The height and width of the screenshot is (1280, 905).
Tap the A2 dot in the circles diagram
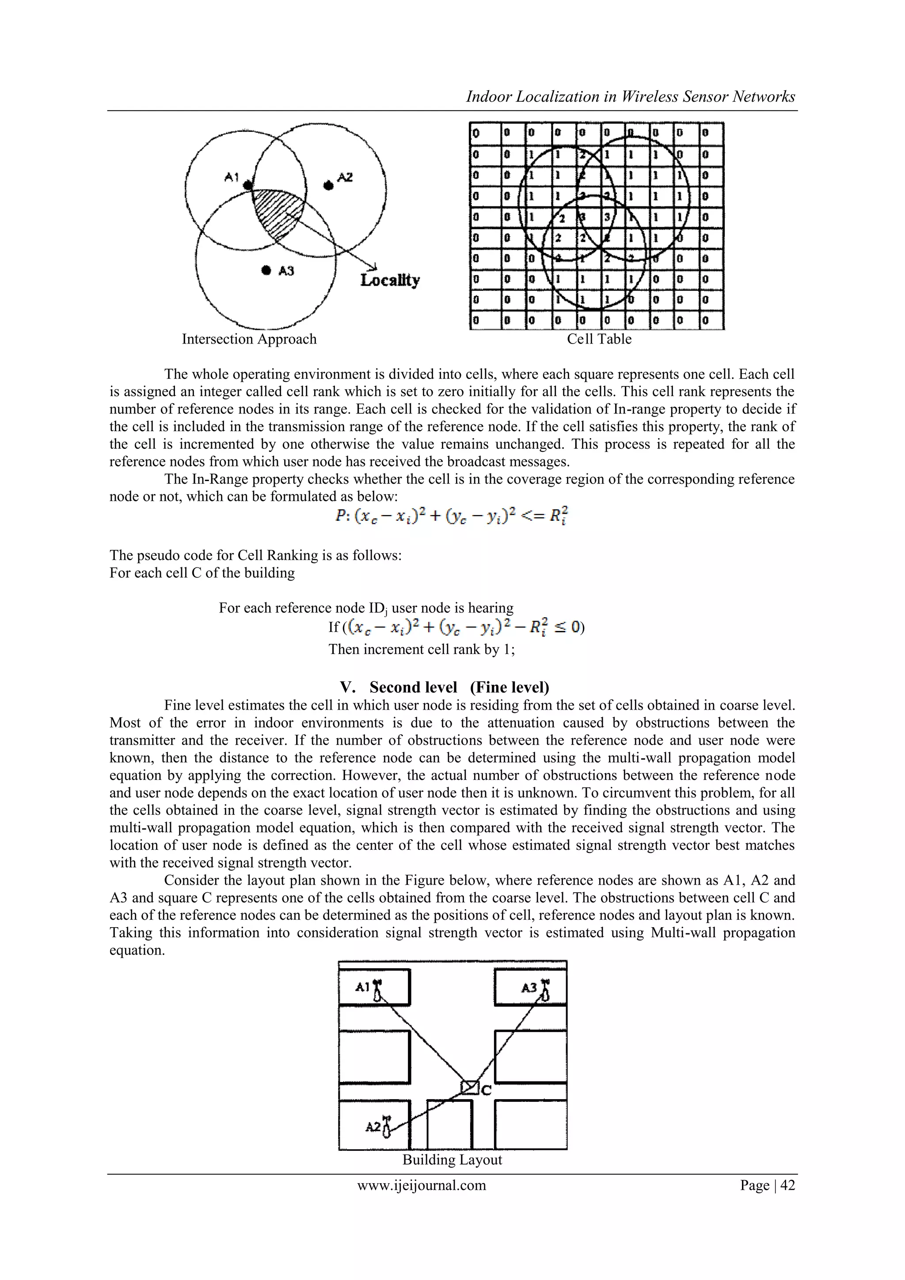pyautogui.click(x=329, y=185)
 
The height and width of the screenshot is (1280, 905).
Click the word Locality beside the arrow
pyautogui.click(x=390, y=280)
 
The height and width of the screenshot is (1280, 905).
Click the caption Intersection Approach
pyautogui.click(x=249, y=339)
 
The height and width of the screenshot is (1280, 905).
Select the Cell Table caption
pyautogui.click(x=599, y=339)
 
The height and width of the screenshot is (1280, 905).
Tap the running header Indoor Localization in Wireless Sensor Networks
pyautogui.click(x=630, y=97)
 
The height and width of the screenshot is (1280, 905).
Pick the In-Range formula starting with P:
pyautogui.click(x=451, y=516)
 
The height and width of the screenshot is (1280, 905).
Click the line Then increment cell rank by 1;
pyautogui.click(x=421, y=650)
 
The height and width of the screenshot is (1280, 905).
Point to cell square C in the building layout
pyautogui.click(x=470, y=1088)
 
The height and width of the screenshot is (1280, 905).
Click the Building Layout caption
pyautogui.click(x=452, y=1160)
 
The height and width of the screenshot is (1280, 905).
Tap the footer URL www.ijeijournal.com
pyautogui.click(x=421, y=1185)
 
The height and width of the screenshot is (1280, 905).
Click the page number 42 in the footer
pyautogui.click(x=787, y=1185)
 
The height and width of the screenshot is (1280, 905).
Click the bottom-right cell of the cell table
pyautogui.click(x=711, y=320)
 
